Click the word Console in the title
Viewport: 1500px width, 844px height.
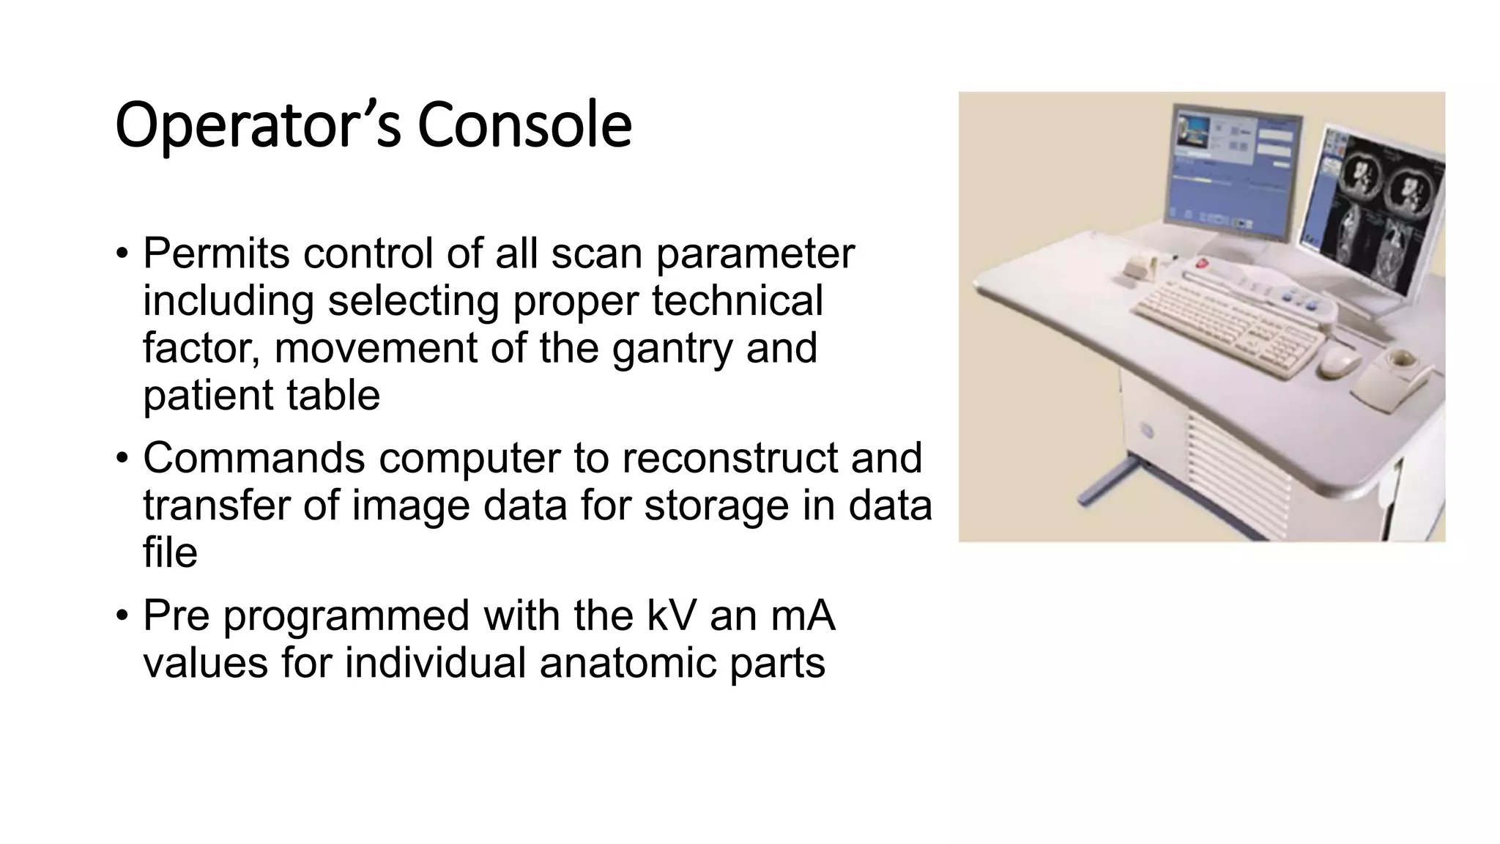coord(524,125)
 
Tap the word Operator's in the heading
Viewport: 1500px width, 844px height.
coord(258,125)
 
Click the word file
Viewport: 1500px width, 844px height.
coord(170,552)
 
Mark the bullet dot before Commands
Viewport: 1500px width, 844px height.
coord(122,459)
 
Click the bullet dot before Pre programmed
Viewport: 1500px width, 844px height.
coord(122,615)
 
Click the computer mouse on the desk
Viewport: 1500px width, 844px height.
coord(1339,360)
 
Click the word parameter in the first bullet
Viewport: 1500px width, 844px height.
coord(754,253)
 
